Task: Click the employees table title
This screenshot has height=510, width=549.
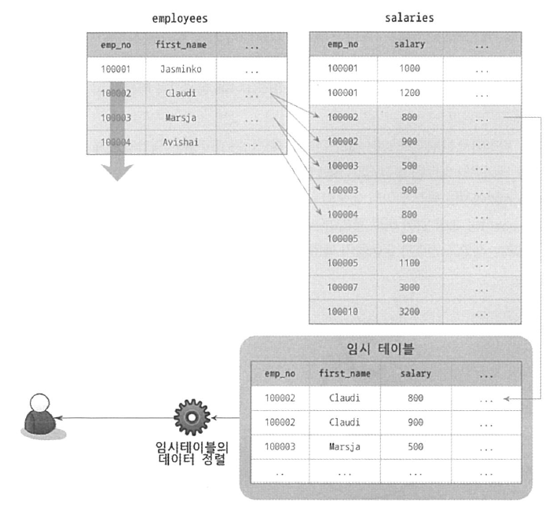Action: [x=181, y=17]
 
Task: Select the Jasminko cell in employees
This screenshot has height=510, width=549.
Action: [x=181, y=69]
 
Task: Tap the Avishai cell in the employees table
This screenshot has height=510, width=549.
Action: [x=181, y=143]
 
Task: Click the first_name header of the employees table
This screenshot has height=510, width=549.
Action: [x=181, y=45]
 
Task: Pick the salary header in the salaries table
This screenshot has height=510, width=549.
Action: [x=409, y=45]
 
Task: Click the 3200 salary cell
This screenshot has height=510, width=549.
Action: [x=409, y=311]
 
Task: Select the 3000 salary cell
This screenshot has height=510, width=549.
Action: [x=409, y=287]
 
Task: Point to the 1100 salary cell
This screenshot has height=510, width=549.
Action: [x=409, y=262]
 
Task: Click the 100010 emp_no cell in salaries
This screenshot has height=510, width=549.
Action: [x=342, y=311]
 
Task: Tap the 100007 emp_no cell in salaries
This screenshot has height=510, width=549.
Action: [x=342, y=287]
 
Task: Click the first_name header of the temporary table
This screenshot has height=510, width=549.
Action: [x=345, y=374]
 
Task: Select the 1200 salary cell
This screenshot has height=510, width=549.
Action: [x=409, y=93]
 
